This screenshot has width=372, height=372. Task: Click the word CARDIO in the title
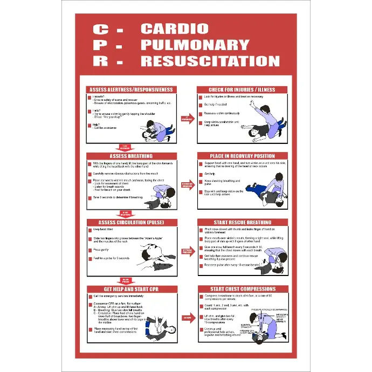pyautogui.click(x=174, y=29)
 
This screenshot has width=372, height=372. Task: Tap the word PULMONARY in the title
pyautogui.click(x=195, y=44)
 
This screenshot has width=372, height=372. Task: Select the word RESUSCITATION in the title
pyautogui.click(x=210, y=60)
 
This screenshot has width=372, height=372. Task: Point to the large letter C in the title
pyautogui.click(x=101, y=29)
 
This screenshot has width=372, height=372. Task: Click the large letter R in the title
pyautogui.click(x=101, y=60)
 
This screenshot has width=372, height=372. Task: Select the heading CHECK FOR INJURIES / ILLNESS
pyautogui.click(x=242, y=89)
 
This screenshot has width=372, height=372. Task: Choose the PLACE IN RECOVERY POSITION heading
pyautogui.click(x=242, y=156)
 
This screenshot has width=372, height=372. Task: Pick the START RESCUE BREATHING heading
pyautogui.click(x=242, y=222)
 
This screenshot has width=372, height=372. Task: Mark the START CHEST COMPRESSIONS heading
pyautogui.click(x=242, y=289)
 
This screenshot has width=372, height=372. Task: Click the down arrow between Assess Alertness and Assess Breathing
pyautogui.click(x=125, y=147)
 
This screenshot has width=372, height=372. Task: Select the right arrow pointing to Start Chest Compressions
pyautogui.click(x=188, y=318)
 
